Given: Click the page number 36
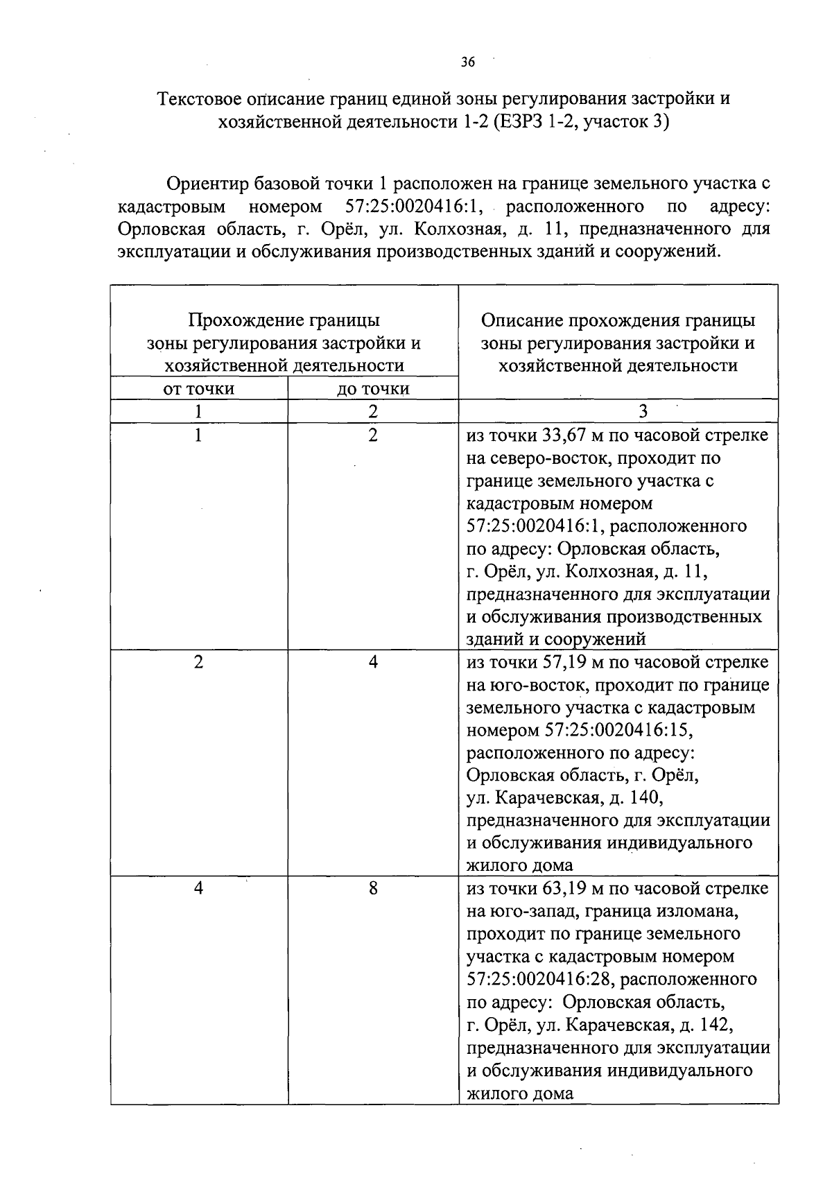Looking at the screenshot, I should coord(468,62).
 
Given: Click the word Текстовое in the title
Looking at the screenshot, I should coord(200,98).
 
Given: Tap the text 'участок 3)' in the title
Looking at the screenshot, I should coord(626,123).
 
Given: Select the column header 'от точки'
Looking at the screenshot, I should coord(198,389).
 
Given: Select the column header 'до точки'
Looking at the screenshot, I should coord(373,389).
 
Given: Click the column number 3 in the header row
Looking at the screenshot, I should coord(643,412).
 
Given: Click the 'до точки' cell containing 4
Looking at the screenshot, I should coord(373,662).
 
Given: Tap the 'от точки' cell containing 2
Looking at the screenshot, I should coord(198,662).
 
